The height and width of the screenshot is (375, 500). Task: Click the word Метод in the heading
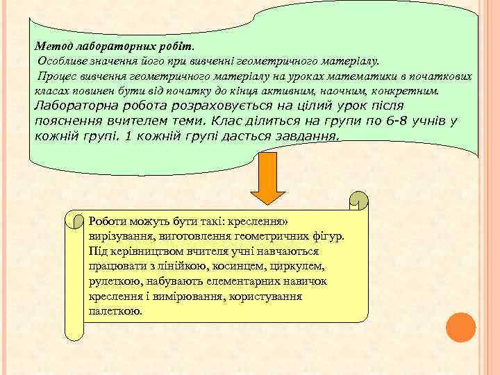50,45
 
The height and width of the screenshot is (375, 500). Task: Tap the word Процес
59,76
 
